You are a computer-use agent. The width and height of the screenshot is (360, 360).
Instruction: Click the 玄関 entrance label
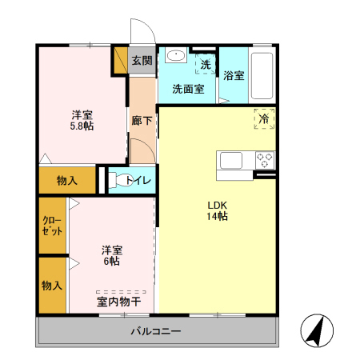point(142,60)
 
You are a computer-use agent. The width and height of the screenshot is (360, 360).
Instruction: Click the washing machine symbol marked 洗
point(205,64)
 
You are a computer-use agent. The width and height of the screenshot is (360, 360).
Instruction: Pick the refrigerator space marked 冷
point(264,118)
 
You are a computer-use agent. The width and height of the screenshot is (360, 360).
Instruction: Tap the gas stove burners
point(264,159)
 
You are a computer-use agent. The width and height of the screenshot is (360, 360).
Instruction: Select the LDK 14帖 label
point(217,210)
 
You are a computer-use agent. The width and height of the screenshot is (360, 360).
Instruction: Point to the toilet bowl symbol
point(118,181)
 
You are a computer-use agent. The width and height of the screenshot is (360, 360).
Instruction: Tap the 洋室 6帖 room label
point(110,254)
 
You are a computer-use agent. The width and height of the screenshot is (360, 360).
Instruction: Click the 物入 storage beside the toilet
point(66,181)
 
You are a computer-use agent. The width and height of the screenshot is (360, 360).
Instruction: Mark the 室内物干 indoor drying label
point(119,302)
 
